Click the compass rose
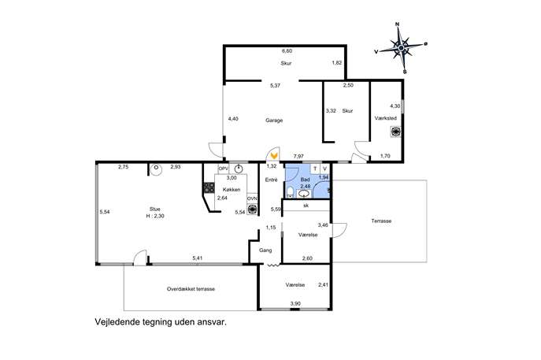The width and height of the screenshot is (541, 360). coord(401,47)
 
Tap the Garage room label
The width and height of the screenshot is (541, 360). coord(274,121)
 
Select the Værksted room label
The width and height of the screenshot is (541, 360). coord(385,118)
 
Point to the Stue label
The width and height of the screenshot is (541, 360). coord(154,210)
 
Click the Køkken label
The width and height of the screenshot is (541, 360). coord(232,190)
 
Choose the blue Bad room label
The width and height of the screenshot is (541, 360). coord(305,180)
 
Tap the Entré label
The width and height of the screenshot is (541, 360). coord(271,180)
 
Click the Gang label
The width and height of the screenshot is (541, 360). coord(265,251)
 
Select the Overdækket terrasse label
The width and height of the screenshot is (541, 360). coord(191,289)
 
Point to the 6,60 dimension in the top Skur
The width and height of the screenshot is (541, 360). coord(287,50)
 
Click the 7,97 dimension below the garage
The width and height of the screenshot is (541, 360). coord(298,156)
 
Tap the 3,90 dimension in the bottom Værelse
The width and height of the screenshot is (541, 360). coord(295,304)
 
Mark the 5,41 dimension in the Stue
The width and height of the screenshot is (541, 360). coord(198,258)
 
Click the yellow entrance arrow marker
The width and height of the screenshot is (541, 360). coord(274,155)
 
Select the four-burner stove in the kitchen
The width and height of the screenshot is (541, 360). coord(209,187)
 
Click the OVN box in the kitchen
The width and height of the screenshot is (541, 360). coord(252,199)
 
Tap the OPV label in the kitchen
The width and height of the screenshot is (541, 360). coord(223,169)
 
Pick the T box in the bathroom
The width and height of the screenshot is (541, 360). coord(315,169)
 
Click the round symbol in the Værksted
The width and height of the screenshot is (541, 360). coord(395,132)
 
